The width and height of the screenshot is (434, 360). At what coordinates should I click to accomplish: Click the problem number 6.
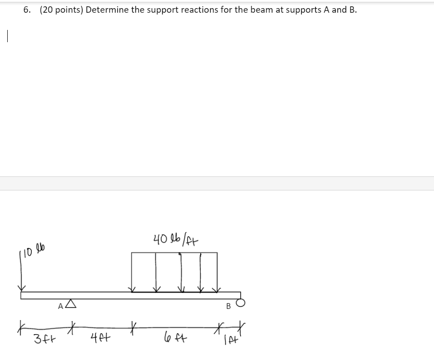click(x=27, y=10)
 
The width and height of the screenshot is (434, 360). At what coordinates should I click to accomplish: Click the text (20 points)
click(x=61, y=10)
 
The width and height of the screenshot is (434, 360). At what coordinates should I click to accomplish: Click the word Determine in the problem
click(x=107, y=10)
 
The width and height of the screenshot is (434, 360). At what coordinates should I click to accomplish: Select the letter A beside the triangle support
click(x=61, y=306)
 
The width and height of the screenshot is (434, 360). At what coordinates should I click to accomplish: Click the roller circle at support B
click(x=241, y=303)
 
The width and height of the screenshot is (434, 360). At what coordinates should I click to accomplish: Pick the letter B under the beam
click(x=228, y=306)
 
